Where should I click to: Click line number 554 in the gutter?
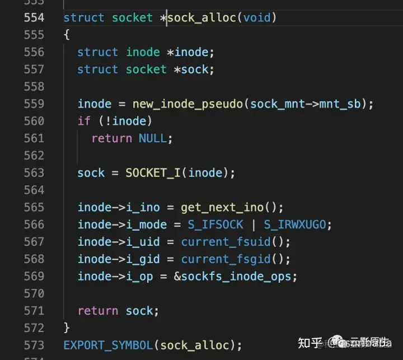coord(34,17)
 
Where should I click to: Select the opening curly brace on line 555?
coord(67,35)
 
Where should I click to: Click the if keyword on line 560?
coord(84,121)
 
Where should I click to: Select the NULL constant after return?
coord(153,138)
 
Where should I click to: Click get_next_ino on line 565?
coord(222,208)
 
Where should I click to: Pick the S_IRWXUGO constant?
coord(294,225)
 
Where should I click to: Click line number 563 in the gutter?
coord(34,173)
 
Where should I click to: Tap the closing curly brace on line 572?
coord(67,328)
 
